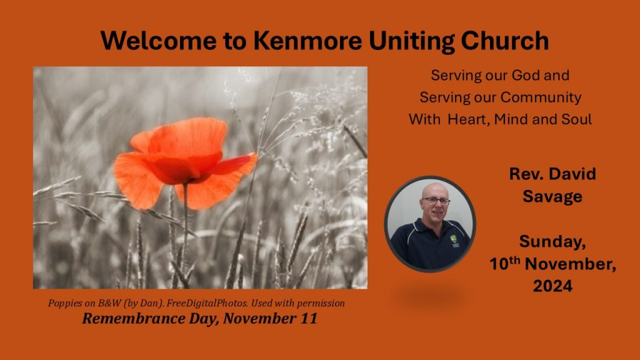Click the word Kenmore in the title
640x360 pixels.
(307, 41)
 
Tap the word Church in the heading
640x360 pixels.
(504, 41)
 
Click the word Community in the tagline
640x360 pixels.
(541, 97)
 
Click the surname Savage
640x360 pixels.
(552, 197)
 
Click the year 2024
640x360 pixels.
(552, 286)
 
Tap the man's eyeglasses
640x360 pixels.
(436, 201)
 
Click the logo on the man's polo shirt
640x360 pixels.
(454, 241)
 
